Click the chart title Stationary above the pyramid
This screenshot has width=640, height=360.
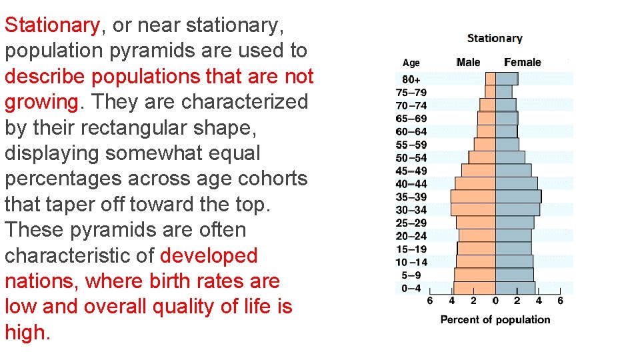point(495,39)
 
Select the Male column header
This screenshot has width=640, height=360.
point(468,63)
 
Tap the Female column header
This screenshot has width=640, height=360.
point(522,63)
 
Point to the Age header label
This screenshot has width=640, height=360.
point(411,63)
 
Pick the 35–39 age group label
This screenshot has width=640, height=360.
point(411,197)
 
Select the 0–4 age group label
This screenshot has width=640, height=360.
point(411,288)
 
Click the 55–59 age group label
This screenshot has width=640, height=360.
point(411,145)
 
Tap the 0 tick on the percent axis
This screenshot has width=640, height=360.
point(495,301)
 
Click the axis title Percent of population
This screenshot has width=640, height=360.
point(495,320)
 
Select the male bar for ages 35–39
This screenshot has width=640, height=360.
point(473,197)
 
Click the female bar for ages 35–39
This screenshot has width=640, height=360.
point(518,197)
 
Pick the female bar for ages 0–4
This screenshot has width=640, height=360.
point(515,288)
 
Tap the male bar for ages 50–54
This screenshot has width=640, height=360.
point(482,157)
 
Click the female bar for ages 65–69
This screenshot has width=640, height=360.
point(506,118)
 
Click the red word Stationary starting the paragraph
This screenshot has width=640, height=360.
point(52,25)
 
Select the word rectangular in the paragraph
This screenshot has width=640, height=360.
point(147,127)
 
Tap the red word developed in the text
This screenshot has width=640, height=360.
point(209,255)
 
